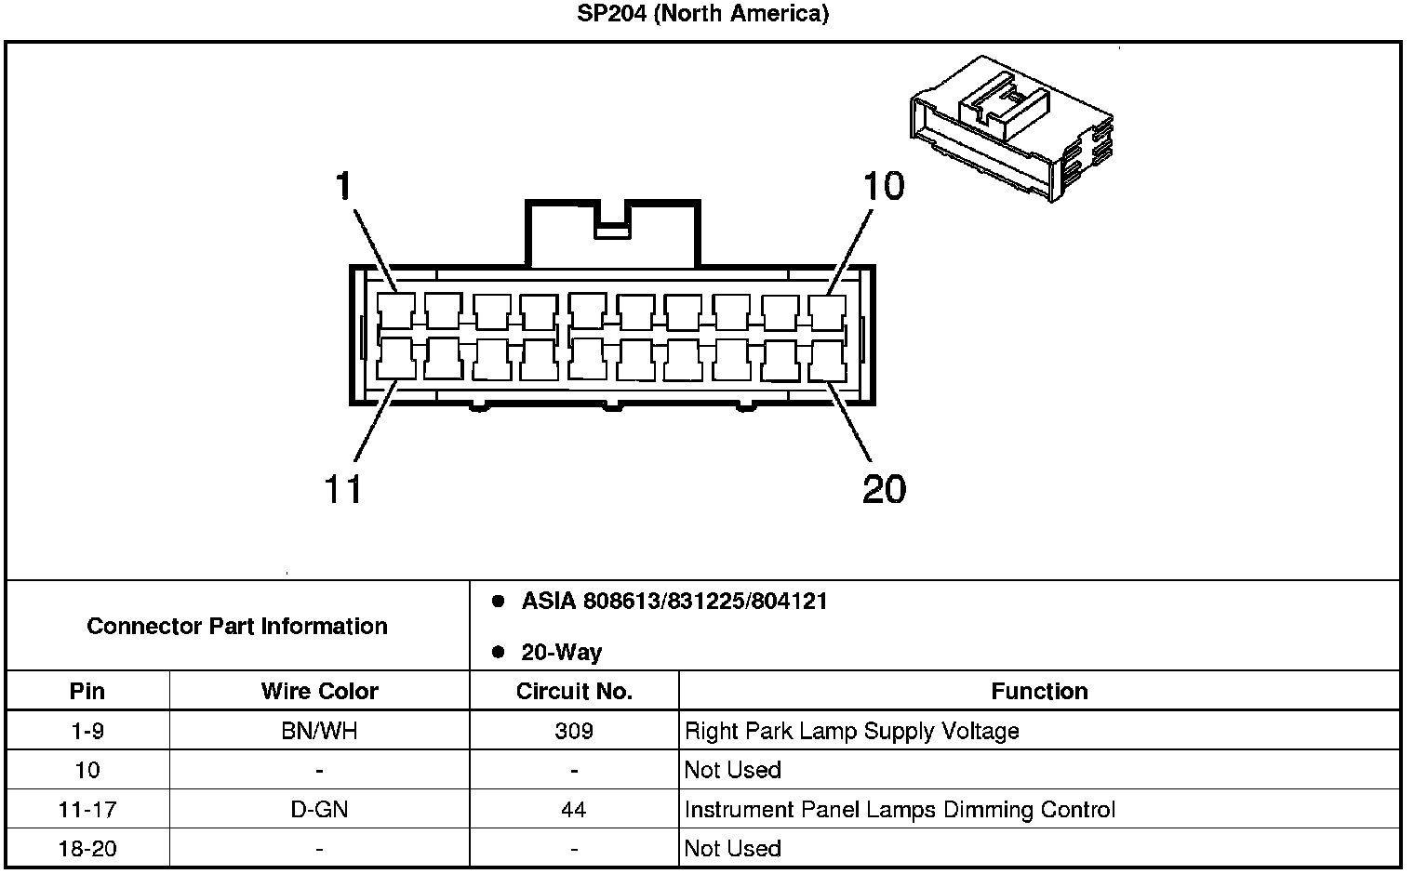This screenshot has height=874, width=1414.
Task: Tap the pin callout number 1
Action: point(344,187)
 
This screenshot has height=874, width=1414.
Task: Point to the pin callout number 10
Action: point(883,187)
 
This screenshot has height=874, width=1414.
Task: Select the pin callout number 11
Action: point(342,488)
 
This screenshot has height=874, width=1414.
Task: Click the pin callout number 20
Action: point(884,488)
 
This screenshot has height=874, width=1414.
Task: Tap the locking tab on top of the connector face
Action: point(611,232)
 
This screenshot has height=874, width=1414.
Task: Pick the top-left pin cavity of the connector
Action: point(396,311)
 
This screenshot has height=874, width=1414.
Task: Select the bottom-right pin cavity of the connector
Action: point(827,360)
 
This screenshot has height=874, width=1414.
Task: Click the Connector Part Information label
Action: point(237,626)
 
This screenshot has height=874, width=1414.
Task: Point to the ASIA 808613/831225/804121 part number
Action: point(674,602)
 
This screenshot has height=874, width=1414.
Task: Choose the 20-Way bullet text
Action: point(561,653)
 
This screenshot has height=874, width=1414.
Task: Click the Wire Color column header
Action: point(319,691)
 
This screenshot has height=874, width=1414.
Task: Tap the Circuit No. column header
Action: point(574,691)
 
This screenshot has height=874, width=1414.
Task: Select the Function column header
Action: point(1039,691)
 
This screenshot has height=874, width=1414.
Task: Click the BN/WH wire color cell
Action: point(319,731)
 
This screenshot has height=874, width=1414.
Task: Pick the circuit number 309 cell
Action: point(574,731)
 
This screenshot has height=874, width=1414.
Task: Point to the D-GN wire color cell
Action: point(319,810)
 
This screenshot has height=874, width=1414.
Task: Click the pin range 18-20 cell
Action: point(87,849)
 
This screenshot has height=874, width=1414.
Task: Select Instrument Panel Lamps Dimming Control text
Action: point(900,810)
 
